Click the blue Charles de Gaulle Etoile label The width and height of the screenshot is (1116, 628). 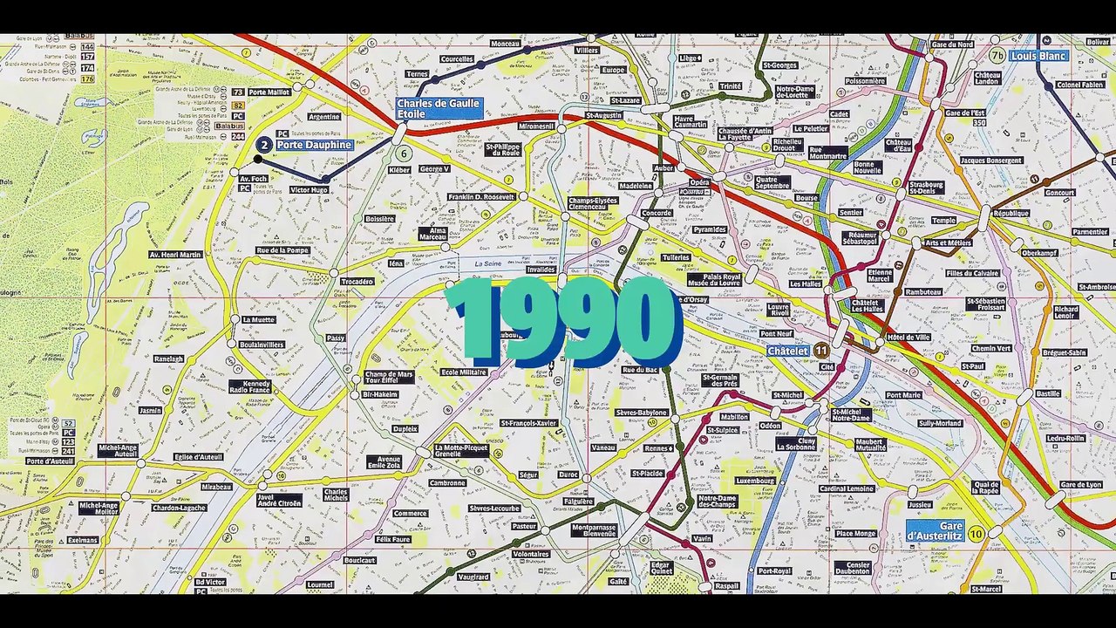[x=439, y=108]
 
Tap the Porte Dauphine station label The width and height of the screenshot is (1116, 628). [x=314, y=145]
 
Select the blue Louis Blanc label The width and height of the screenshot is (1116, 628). [x=1038, y=56]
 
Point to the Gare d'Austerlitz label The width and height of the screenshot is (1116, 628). [x=935, y=531]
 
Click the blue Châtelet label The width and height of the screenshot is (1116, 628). [x=787, y=351]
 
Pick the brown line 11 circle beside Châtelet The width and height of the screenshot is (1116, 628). [x=821, y=351]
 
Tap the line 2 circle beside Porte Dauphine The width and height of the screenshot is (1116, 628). [x=264, y=145]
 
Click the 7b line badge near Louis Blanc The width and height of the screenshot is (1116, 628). [x=997, y=56]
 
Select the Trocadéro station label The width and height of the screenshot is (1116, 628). [x=357, y=282]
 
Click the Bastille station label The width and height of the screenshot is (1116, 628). [x=1048, y=394]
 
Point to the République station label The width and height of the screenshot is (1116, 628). [x=1011, y=213]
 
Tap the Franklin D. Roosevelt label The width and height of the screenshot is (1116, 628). [x=481, y=197]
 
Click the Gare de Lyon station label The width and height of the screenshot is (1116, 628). [x=1081, y=485]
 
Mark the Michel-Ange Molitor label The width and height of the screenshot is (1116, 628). [x=99, y=508]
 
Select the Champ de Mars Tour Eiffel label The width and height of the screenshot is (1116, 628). [x=388, y=378]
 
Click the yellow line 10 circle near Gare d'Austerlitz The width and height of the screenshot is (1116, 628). [x=976, y=534]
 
